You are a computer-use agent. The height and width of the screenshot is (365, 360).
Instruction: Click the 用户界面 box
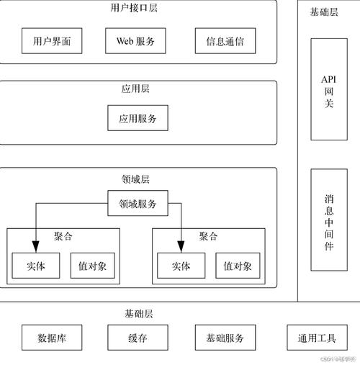pyautogui.click(x=52, y=41)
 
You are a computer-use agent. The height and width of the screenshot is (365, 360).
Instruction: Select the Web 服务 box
pyautogui.click(x=135, y=41)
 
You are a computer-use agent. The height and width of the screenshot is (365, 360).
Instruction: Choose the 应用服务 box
pyautogui.click(x=138, y=117)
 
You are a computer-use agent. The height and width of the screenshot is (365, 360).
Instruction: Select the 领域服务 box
pyautogui.click(x=138, y=204)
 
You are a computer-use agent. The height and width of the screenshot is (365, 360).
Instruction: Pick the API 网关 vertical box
pyautogui.click(x=328, y=89)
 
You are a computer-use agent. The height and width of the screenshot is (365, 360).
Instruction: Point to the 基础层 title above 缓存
pyautogui.click(x=138, y=314)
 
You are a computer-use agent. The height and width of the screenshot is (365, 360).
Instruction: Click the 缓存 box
pyautogui.click(x=138, y=338)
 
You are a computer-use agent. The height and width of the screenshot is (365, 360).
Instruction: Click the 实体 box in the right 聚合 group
pyautogui.click(x=181, y=266)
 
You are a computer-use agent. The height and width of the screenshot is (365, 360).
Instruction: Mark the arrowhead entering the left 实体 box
pyautogui.click(x=35, y=249)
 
